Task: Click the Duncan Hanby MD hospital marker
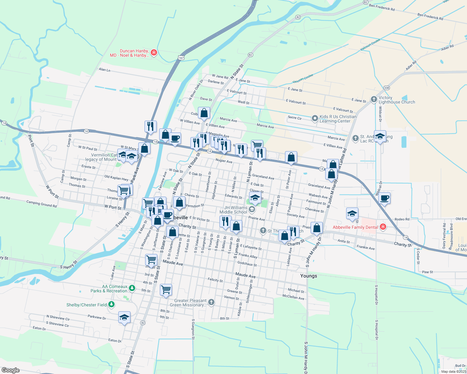154,53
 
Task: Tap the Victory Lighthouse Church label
396,100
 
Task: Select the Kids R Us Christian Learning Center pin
315,118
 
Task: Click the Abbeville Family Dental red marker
383,227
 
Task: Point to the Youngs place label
308,276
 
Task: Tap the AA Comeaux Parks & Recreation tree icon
132,288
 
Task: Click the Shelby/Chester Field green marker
111,304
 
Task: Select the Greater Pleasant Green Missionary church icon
211,302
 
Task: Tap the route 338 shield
386,88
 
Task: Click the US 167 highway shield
181,58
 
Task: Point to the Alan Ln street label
105,70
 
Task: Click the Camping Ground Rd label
42,204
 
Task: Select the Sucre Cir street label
295,118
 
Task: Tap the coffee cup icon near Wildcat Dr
385,198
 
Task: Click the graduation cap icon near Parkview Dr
124,317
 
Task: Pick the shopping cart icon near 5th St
166,289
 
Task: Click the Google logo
11,370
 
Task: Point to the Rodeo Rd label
402,219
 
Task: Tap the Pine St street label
427,272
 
